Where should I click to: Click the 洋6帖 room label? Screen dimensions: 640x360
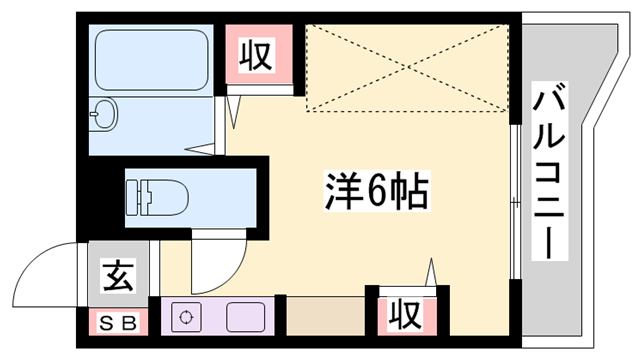pyautogui.click(x=376, y=190)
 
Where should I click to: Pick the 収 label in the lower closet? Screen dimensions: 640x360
pyautogui.click(x=403, y=315)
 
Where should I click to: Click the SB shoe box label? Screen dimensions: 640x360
pyautogui.click(x=116, y=323)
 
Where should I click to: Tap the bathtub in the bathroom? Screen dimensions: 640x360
pyautogui.click(x=150, y=60)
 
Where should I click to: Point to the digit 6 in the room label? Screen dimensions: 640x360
pyautogui.click(x=375, y=190)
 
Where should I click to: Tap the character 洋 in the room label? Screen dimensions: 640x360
pyautogui.click(x=343, y=190)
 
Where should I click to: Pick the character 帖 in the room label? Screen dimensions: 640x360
pyautogui.click(x=409, y=190)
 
